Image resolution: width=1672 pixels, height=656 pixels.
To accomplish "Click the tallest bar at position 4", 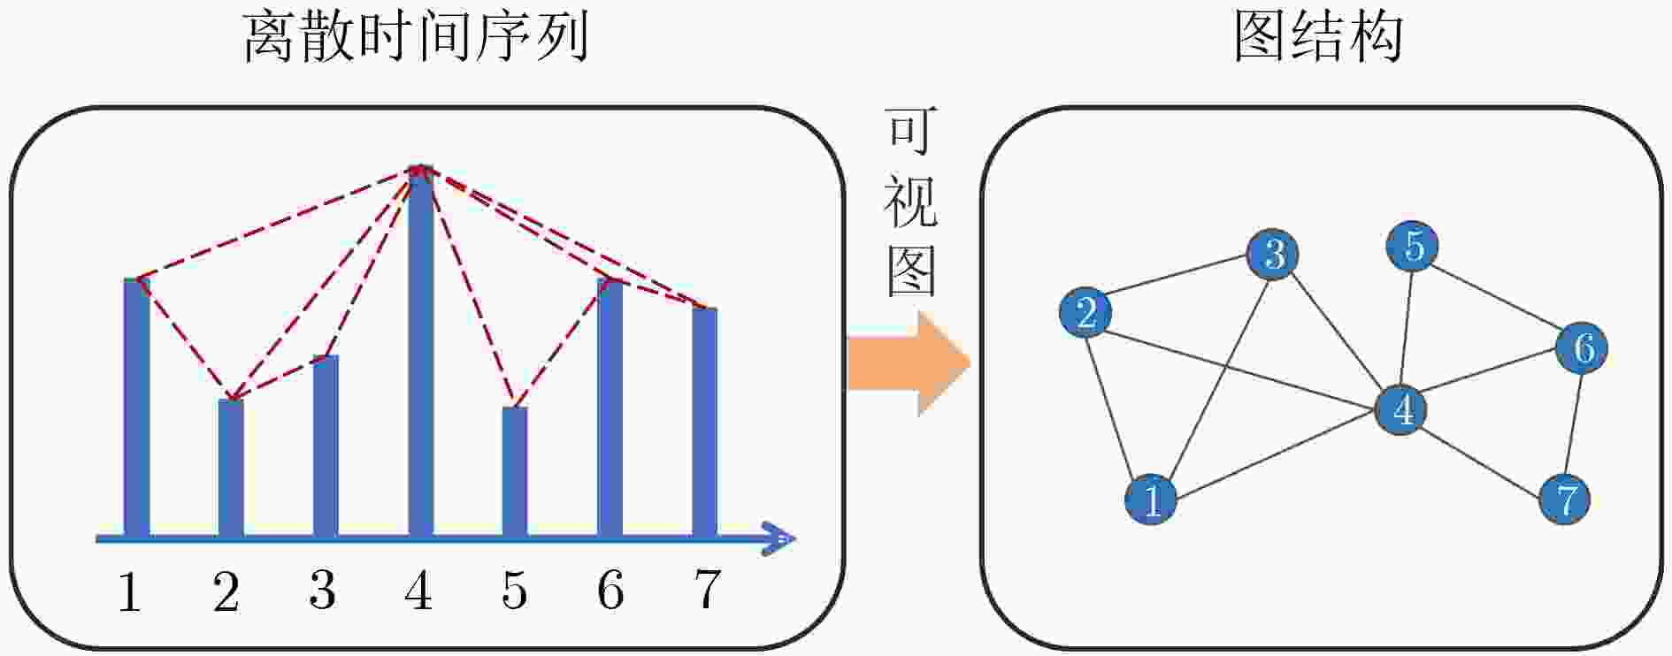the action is click(x=421, y=351).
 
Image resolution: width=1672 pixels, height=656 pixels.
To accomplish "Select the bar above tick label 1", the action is click(x=136, y=408).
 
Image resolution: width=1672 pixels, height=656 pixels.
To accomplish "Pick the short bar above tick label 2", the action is click(x=231, y=468).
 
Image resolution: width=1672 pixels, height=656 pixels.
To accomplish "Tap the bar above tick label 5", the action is click(x=515, y=471).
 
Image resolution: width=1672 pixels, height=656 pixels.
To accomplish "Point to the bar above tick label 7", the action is click(x=704, y=422).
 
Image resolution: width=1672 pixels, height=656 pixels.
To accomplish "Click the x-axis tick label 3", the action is click(x=322, y=591).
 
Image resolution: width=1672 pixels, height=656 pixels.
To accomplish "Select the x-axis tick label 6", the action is click(x=610, y=591).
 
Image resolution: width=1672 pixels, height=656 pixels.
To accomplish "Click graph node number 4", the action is click(x=1401, y=409).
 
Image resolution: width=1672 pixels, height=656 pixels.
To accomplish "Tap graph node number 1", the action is click(x=1151, y=500).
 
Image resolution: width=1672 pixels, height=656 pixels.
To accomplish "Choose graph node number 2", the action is click(x=1086, y=312).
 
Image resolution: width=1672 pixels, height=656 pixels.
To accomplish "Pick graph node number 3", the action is click(x=1273, y=254).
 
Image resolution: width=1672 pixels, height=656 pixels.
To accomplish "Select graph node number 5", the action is click(x=1413, y=246).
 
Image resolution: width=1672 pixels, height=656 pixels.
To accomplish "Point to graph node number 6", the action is click(x=1582, y=347).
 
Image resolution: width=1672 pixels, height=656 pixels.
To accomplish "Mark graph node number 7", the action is click(x=1565, y=500).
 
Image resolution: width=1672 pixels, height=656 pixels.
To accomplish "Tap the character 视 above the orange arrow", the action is click(x=910, y=202).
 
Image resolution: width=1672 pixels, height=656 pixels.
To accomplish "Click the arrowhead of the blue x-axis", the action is click(x=778, y=538).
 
